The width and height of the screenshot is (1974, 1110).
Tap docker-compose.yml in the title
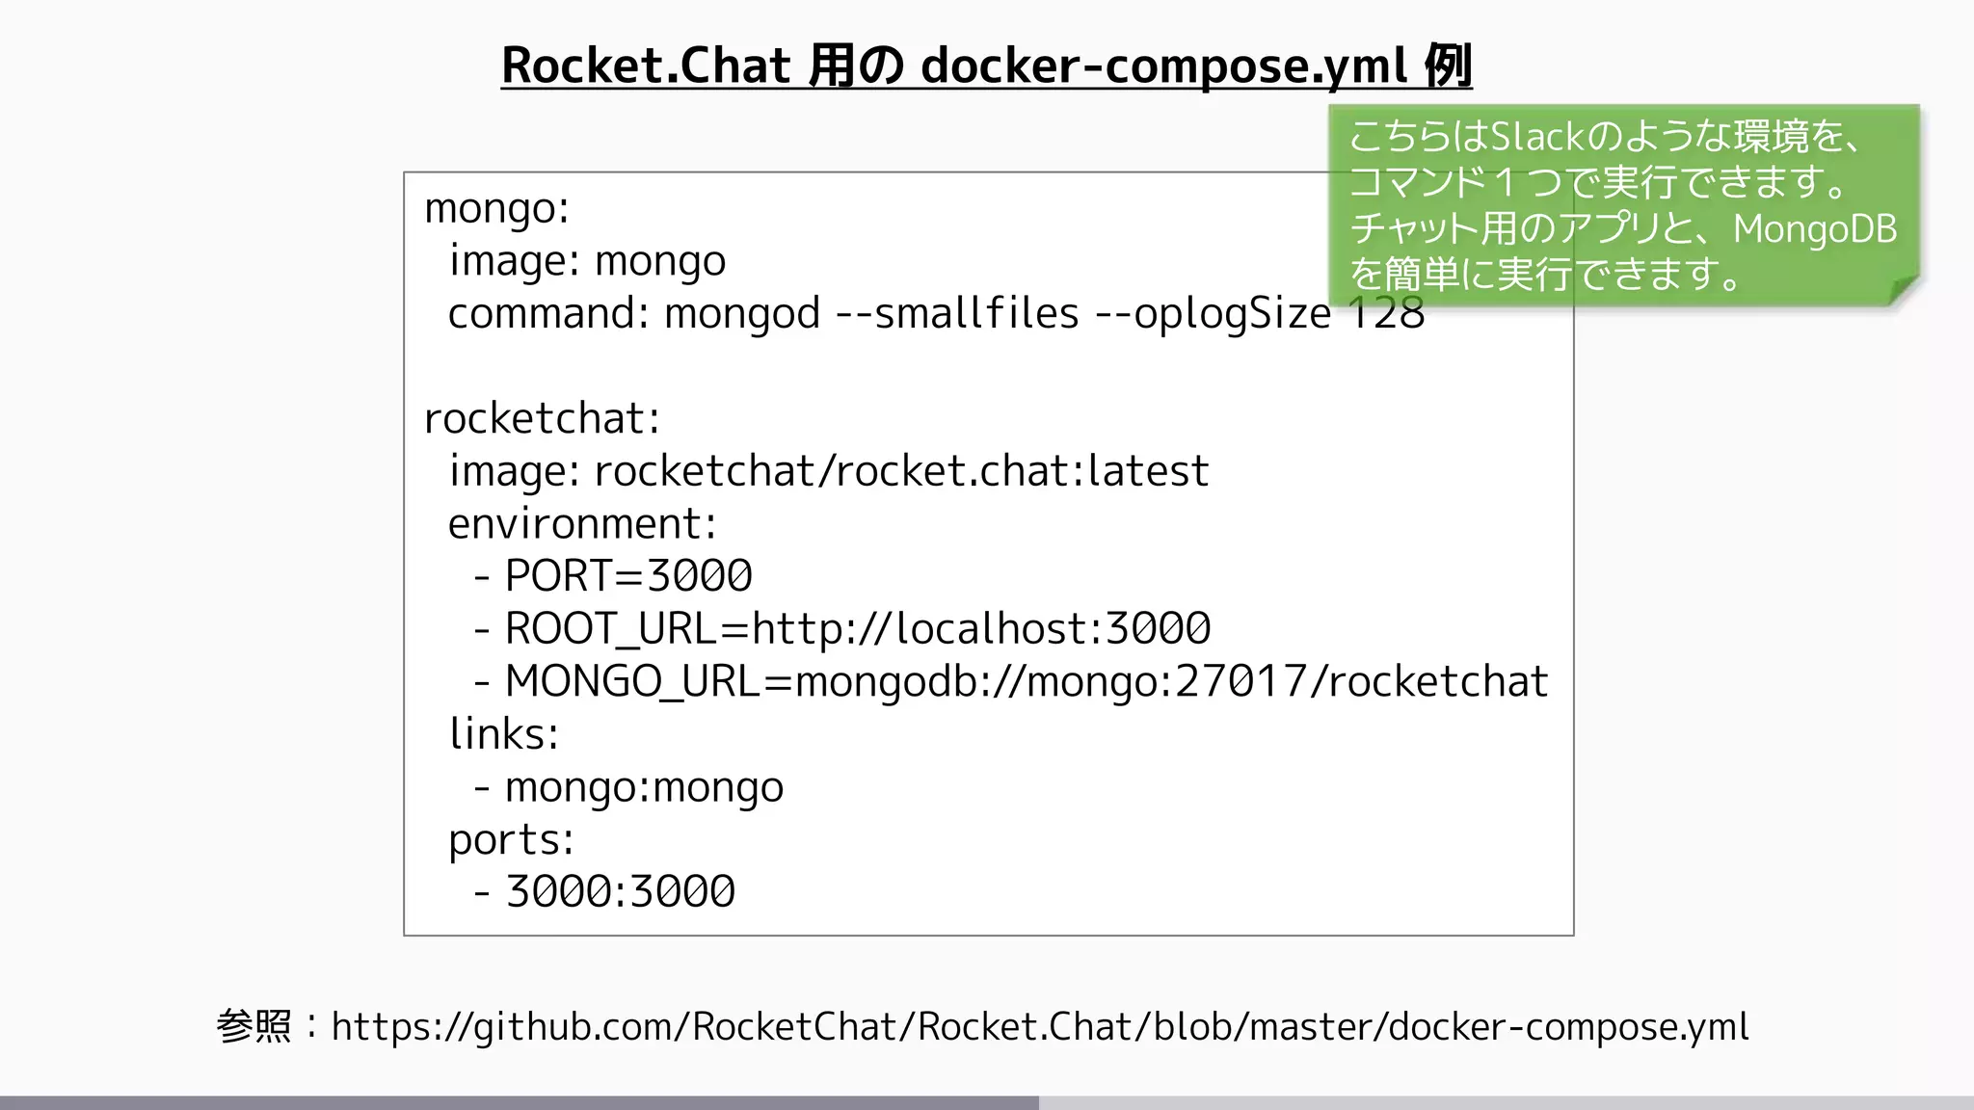pos(1164,66)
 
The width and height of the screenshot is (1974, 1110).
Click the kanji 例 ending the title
pos(1448,66)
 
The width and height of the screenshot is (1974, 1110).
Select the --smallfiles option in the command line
pos(957,313)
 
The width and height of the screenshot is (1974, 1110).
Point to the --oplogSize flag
pos(1214,313)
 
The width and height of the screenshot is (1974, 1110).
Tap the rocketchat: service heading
pos(542,418)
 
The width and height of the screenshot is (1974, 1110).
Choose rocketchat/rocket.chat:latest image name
pos(901,471)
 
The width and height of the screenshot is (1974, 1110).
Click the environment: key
pos(582,524)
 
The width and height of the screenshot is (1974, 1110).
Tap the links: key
pos(503,734)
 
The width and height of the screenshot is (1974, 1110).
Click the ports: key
pos(511,840)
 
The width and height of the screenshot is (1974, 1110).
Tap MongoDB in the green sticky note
pos(1815,229)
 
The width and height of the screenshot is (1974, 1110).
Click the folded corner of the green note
pos(1903,290)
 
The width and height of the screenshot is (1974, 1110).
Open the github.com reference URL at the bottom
pos(1039,1027)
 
